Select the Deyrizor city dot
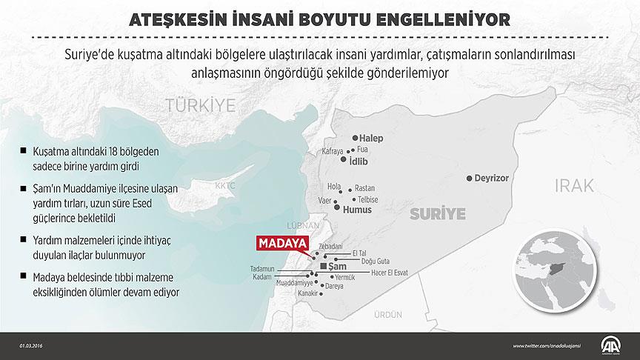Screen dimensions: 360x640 point(470,179)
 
